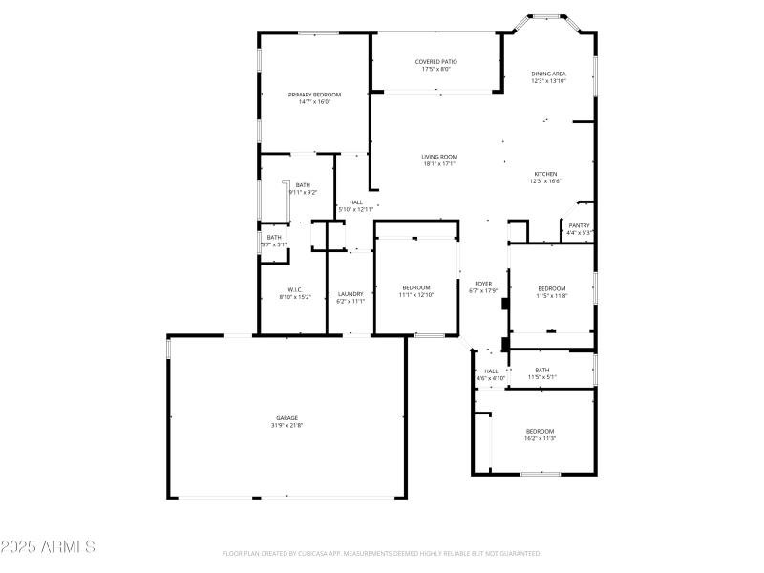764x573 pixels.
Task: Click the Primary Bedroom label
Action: [x=314, y=95]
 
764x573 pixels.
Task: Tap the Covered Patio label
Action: [x=435, y=62]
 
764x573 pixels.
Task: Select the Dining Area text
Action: [x=548, y=74]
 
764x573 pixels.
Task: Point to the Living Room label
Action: [x=439, y=157]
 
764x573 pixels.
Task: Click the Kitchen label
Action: [x=545, y=174]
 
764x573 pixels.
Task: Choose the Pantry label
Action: [x=579, y=225]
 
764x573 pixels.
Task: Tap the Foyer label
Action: [x=484, y=284]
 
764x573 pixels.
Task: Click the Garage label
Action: [x=287, y=417]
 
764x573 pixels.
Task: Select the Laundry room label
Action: [x=350, y=293]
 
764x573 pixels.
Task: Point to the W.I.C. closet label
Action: [x=295, y=290]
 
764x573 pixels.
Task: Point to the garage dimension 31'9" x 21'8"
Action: [x=287, y=425]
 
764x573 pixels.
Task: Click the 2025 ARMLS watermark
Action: [x=48, y=547]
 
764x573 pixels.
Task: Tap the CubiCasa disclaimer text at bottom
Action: [x=382, y=553]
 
